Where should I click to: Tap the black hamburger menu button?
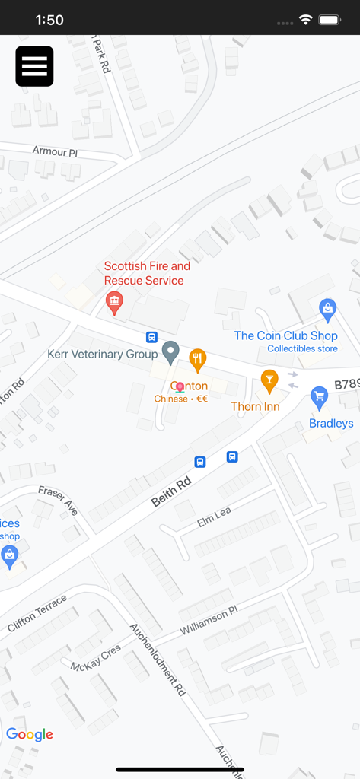point(34,66)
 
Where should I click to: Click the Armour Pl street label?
point(55,151)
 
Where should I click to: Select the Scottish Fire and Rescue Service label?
point(147,273)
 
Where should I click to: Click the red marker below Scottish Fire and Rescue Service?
point(113,302)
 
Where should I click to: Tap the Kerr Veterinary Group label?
point(102,354)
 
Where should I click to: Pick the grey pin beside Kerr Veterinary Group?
point(171,351)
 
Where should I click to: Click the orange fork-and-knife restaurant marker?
point(198,358)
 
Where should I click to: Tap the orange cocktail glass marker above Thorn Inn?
point(269,380)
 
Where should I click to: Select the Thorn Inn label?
point(256,406)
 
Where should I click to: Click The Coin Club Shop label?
point(285,335)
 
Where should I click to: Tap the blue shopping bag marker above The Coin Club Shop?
point(327,308)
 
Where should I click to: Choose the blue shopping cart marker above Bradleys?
point(320,396)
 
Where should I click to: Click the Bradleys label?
point(331,423)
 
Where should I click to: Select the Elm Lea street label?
point(214,517)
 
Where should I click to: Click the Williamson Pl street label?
point(209,621)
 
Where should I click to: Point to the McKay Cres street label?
point(96,658)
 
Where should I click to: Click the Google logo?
point(30,734)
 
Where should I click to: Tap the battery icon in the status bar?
point(330,20)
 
